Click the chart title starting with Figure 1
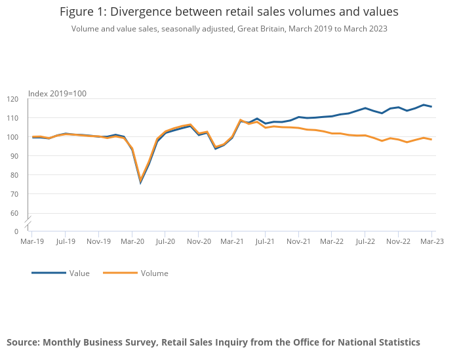(x=229, y=12)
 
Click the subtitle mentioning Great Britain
(x=229, y=28)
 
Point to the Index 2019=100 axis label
(x=57, y=93)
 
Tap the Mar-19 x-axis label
(x=32, y=241)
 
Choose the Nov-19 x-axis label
(x=98, y=241)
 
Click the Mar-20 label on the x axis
(x=132, y=241)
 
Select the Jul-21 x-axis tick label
(x=265, y=241)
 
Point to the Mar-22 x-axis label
(x=332, y=241)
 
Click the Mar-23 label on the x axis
(x=431, y=241)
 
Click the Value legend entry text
(x=79, y=273)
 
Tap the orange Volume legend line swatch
(x=120, y=273)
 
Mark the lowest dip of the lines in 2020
(x=140, y=182)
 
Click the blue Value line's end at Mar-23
(x=431, y=107)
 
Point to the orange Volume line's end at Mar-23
(x=431, y=140)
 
